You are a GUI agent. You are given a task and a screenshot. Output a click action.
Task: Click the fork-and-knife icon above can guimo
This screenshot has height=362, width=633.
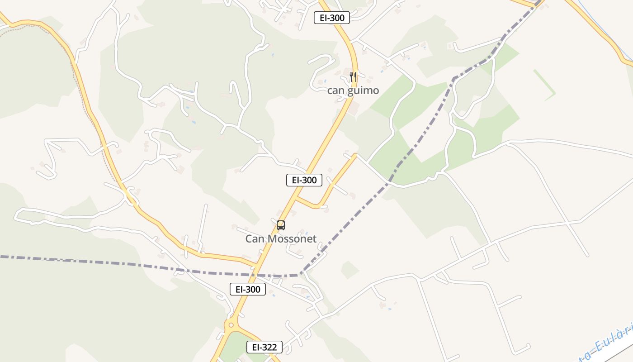pos(353,76)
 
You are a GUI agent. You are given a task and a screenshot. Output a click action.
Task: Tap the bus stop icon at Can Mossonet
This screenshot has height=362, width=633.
pos(281,225)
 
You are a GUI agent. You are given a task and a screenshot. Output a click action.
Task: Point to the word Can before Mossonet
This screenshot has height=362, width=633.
pos(255,238)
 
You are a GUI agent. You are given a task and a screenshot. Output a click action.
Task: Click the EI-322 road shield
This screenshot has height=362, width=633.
pos(265,347)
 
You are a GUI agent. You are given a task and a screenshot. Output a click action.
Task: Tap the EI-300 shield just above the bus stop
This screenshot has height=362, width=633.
pos(304,180)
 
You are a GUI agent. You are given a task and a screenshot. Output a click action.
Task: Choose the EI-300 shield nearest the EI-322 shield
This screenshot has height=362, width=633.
pos(248,289)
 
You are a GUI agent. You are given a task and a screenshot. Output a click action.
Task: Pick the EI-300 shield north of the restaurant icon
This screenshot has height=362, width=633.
pos(332,18)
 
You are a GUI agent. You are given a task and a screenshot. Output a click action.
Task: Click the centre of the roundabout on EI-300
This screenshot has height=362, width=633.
pos(231,324)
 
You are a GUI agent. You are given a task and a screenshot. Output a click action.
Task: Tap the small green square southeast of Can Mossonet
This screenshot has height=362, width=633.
pos(350,270)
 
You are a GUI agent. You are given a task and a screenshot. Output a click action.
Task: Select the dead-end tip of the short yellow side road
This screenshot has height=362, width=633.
pos(355,156)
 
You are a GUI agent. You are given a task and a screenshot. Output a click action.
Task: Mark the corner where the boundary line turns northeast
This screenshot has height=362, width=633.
pos(299,274)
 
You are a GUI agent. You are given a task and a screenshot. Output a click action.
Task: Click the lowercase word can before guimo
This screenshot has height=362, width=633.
pos(335,90)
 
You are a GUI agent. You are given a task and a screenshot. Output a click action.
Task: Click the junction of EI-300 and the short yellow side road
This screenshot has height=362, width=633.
pos(296,199)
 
